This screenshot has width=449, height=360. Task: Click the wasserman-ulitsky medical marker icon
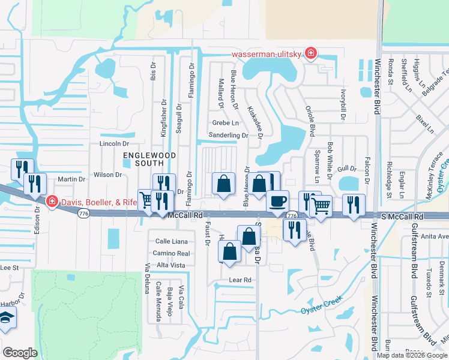[x=310, y=54]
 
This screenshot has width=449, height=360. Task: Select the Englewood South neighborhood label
[x=143, y=158]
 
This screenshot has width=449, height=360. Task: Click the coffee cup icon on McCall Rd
[x=277, y=200]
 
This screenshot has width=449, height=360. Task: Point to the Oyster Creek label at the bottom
[x=321, y=304]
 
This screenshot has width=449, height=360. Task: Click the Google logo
[x=20, y=353]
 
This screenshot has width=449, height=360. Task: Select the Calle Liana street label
[x=172, y=241]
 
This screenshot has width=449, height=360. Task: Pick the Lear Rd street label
[x=240, y=280]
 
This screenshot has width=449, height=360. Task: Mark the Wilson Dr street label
[x=108, y=175]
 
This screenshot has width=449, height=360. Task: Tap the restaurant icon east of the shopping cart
[x=354, y=205]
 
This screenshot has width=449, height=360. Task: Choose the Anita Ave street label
[x=435, y=236]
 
